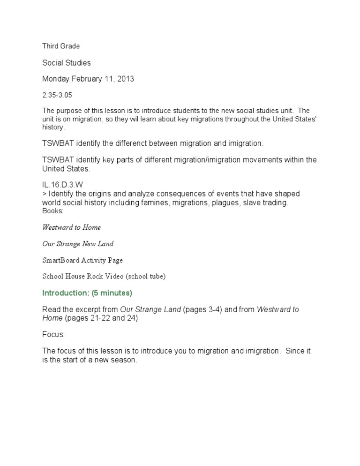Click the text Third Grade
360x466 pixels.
coord(61,46)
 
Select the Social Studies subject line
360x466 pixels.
coord(67,62)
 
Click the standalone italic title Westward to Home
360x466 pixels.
coord(71,227)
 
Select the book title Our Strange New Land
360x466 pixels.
coord(78,244)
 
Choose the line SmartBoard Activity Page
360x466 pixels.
coord(82,260)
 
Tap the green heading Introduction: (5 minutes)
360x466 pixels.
coord(87,293)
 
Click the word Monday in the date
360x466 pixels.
coord(56,79)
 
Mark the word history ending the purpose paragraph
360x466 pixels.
coord(52,127)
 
